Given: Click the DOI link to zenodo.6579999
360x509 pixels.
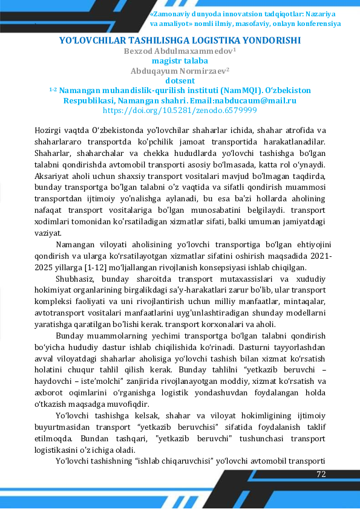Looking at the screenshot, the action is pyautogui.click(x=180, y=111).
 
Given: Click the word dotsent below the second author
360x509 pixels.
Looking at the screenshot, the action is pyautogui.click(x=180, y=80).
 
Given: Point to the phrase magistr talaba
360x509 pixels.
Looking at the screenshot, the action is pyautogui.click(x=180, y=60).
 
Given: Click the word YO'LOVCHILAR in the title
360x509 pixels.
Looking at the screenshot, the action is pyautogui.click(x=91, y=41).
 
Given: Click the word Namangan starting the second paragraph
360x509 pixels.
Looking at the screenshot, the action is pyautogui.click(x=75, y=245).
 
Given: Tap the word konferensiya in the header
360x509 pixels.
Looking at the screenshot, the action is pyautogui.click(x=318, y=24).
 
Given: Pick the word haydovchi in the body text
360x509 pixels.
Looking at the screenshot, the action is pyautogui.click(x=54, y=381).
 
